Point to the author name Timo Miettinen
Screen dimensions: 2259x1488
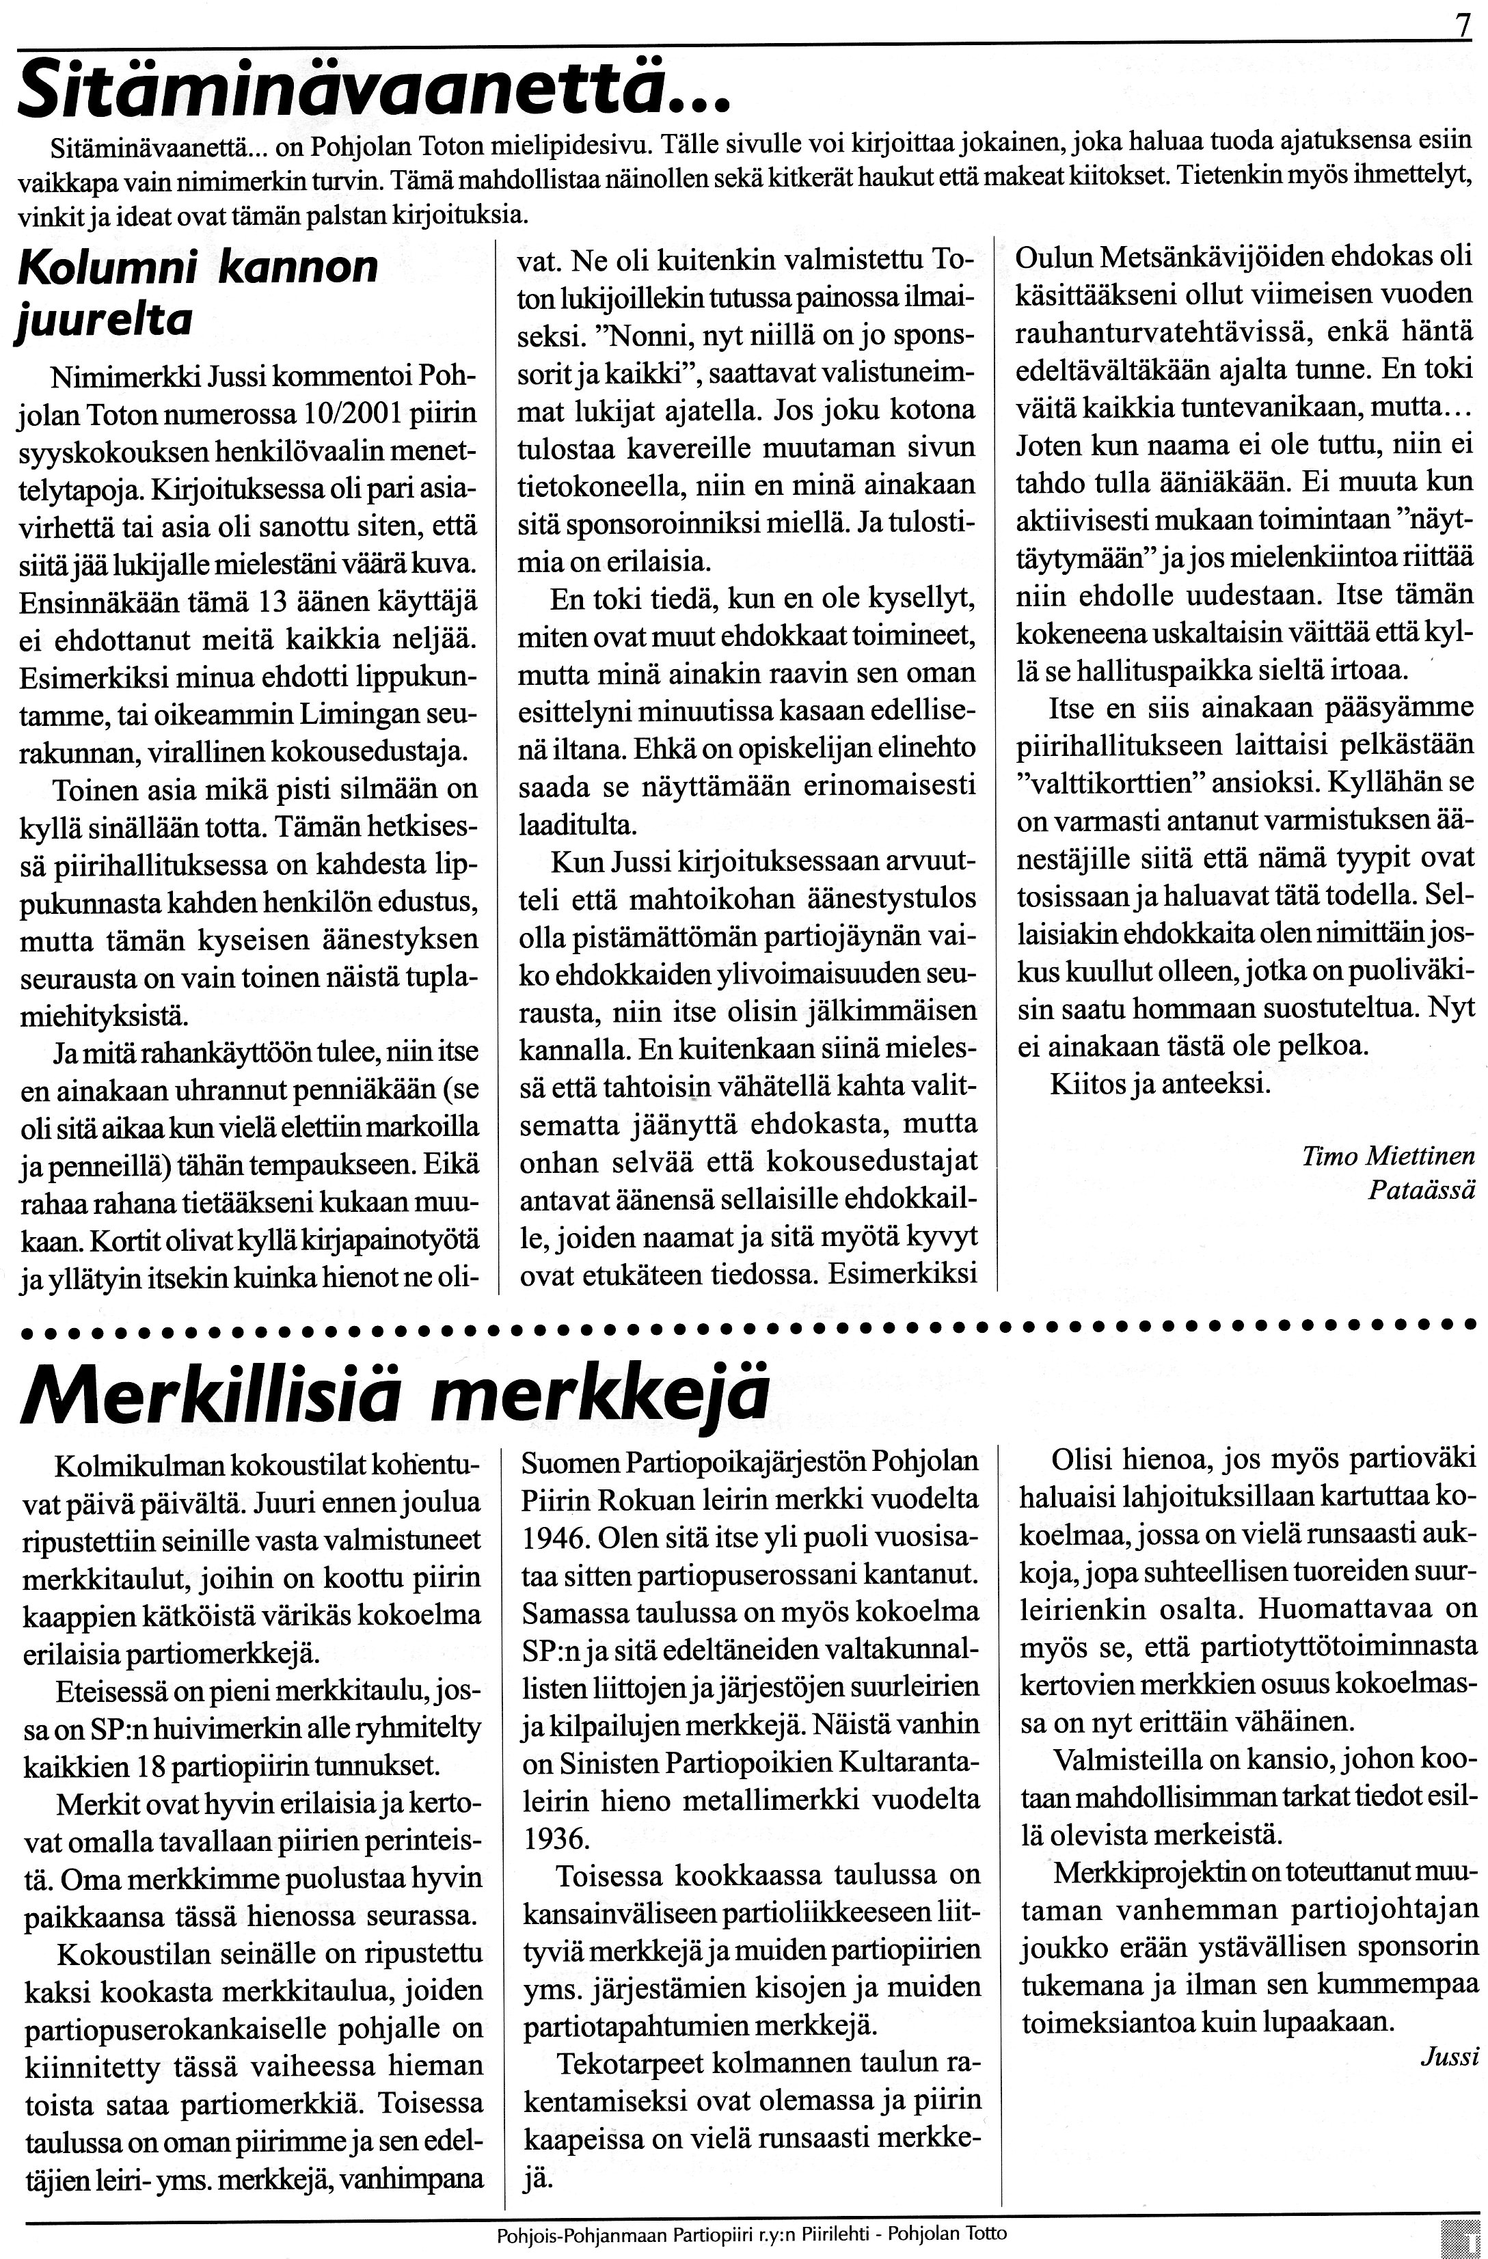tap(1388, 1155)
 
